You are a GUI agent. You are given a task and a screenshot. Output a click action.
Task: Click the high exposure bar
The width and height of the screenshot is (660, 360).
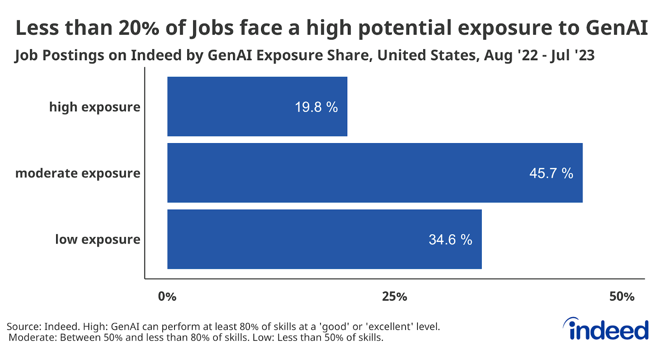coord(257,106)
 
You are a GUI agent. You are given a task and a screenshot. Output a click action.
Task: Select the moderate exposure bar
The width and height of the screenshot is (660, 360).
coord(375,173)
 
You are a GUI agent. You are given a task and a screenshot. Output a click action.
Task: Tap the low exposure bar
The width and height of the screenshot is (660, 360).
coord(324,239)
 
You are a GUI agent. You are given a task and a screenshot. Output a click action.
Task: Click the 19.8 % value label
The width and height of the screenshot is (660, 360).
coord(316,107)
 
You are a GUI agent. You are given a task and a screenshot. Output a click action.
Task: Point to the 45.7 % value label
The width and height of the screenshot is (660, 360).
coord(551,173)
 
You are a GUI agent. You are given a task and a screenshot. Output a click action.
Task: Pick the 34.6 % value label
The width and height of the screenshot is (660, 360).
coord(450,240)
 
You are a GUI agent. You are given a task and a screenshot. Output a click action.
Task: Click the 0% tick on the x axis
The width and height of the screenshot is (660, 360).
coord(167,296)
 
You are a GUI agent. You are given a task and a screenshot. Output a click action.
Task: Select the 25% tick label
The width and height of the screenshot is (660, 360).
coord(394,296)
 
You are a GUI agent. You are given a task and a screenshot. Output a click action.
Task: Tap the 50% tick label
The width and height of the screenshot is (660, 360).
coord(622,296)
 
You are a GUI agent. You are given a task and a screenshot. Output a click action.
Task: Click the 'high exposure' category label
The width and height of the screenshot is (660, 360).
coord(94,107)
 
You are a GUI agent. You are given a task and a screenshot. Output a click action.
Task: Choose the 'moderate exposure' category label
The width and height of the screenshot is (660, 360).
coord(78,173)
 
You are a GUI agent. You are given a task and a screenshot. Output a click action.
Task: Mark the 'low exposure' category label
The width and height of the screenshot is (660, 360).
coord(98,240)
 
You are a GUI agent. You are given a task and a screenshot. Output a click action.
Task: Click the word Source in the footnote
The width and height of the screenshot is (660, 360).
coord(24,327)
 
